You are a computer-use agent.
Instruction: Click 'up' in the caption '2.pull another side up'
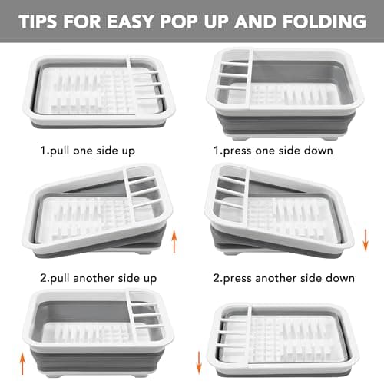pyautogui.click(x=153, y=274)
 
